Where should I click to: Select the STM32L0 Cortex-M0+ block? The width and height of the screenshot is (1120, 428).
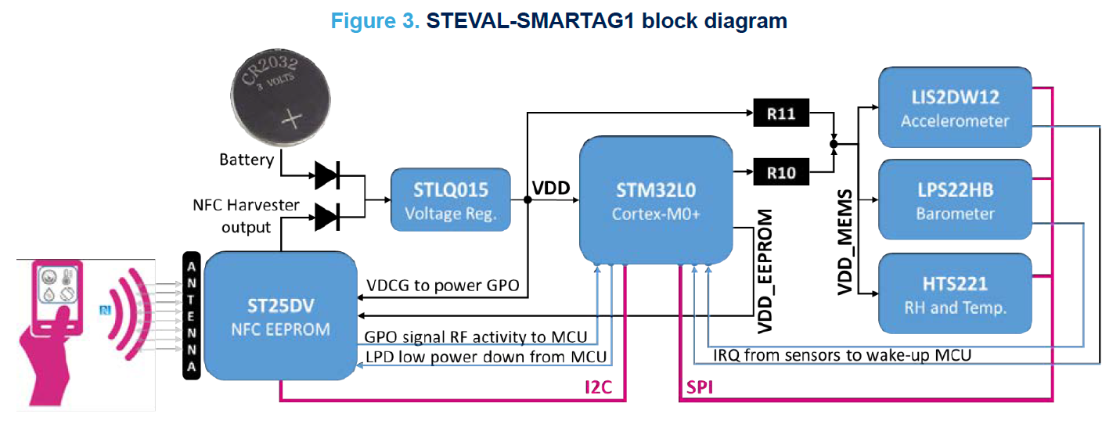click(656, 199)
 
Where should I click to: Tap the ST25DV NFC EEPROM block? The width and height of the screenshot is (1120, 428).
click(279, 316)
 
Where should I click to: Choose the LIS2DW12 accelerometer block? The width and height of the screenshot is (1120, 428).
click(955, 108)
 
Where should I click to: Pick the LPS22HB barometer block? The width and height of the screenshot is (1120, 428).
click(955, 200)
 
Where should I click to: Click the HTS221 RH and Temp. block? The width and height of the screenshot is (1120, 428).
click(955, 294)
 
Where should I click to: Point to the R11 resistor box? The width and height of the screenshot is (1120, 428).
click(780, 114)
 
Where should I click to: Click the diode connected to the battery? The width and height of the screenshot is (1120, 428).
click(326, 176)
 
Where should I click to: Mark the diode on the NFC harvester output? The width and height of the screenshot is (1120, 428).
click(326, 215)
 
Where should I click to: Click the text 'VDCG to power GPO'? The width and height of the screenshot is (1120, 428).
click(442, 286)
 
